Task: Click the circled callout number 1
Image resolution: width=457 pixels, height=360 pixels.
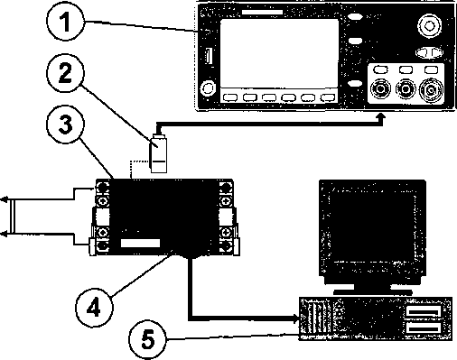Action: pyautogui.click(x=66, y=22)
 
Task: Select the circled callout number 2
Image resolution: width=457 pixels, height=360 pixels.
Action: pyautogui.click(x=65, y=73)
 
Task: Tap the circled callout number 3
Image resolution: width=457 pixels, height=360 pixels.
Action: pyautogui.click(x=65, y=124)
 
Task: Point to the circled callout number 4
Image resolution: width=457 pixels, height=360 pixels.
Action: pyautogui.click(x=94, y=307)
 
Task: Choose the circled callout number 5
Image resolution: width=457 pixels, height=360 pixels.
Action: pyautogui.click(x=147, y=339)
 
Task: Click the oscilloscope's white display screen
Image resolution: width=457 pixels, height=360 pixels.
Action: pyautogui.click(x=279, y=53)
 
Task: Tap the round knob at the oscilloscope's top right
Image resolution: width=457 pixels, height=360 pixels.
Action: pyautogui.click(x=430, y=26)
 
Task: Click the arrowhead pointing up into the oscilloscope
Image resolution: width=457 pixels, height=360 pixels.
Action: pyautogui.click(x=381, y=116)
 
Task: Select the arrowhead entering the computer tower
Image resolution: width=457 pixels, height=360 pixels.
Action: pyautogui.click(x=296, y=318)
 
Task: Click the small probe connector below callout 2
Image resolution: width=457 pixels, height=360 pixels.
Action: pyautogui.click(x=158, y=154)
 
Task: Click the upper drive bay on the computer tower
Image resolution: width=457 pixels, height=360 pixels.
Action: pyautogui.click(x=424, y=311)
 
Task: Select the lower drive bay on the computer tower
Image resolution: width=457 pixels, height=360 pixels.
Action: pyautogui.click(x=424, y=328)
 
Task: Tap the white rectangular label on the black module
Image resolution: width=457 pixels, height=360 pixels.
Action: pyautogui.click(x=140, y=243)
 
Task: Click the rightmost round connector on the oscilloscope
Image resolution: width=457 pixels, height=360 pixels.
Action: pyautogui.click(x=432, y=90)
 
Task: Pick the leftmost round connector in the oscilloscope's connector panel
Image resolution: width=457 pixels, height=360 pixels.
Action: pyautogui.click(x=380, y=89)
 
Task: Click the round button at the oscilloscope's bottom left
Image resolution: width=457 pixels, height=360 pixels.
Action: pyautogui.click(x=209, y=88)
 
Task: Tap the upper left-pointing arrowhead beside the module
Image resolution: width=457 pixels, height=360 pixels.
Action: pyautogui.click(x=4, y=199)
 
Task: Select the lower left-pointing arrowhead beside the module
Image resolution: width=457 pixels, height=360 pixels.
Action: pyautogui.click(x=4, y=234)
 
